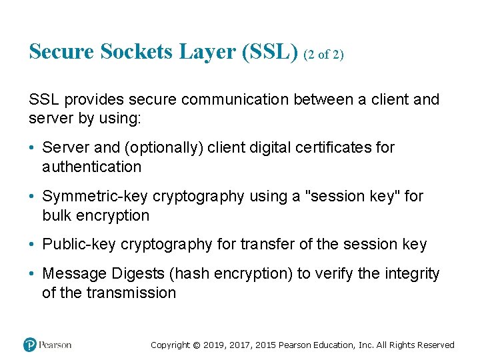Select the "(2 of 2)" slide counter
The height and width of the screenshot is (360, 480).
point(323,55)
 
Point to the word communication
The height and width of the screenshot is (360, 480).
point(234,100)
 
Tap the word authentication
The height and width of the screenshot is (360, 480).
point(91,167)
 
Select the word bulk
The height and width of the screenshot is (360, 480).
point(57,215)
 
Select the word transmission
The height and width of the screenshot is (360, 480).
point(131,293)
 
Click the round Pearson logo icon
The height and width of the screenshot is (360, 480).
point(30,345)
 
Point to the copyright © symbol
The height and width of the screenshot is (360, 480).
point(196,345)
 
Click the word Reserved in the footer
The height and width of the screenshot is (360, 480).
point(436,345)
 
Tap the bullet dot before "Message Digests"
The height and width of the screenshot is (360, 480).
point(33,274)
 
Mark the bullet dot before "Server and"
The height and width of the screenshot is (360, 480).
point(33,147)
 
